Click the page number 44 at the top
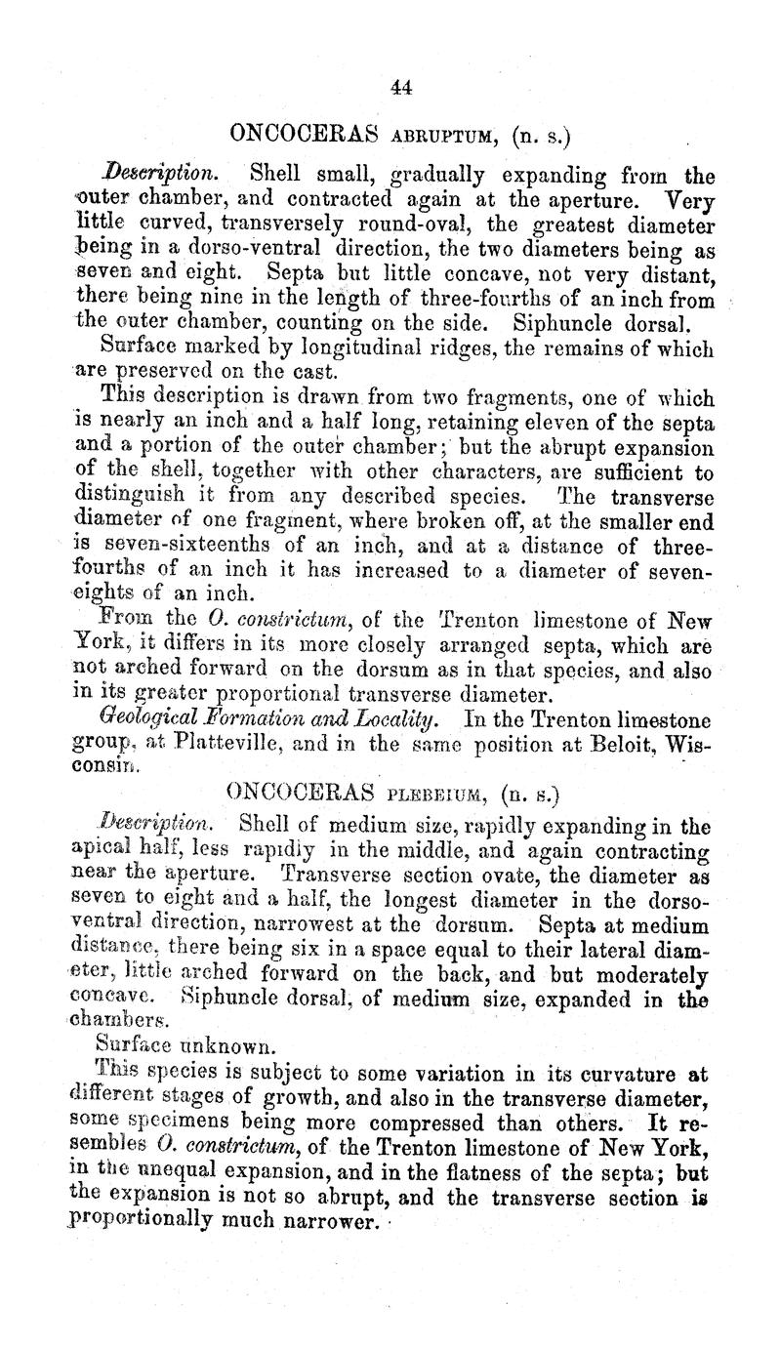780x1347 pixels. (x=400, y=87)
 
